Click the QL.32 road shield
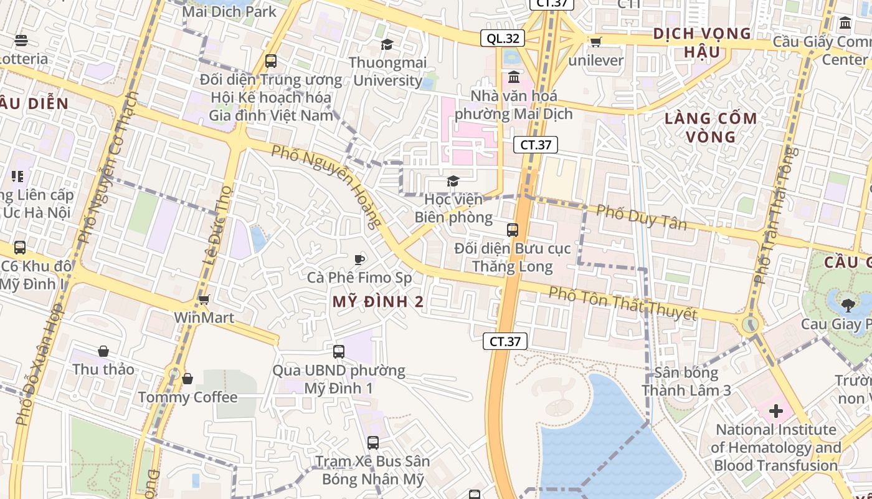(503, 38)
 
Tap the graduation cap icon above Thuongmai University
(387, 44)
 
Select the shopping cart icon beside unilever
(595, 42)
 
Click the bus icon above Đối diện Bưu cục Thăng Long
(513, 230)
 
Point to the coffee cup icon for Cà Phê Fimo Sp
(359, 259)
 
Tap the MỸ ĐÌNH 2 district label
(378, 302)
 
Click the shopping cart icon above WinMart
(204, 299)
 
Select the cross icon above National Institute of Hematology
(776, 411)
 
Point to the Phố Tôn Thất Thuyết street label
(622, 303)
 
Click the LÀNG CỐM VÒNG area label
(711, 127)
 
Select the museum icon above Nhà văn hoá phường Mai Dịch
(514, 77)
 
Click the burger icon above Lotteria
(21, 41)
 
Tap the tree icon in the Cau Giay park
(847, 305)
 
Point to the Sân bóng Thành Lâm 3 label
(686, 382)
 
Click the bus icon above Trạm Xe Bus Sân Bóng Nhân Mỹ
(373, 443)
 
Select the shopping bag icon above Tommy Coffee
(187, 379)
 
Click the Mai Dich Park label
(229, 11)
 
